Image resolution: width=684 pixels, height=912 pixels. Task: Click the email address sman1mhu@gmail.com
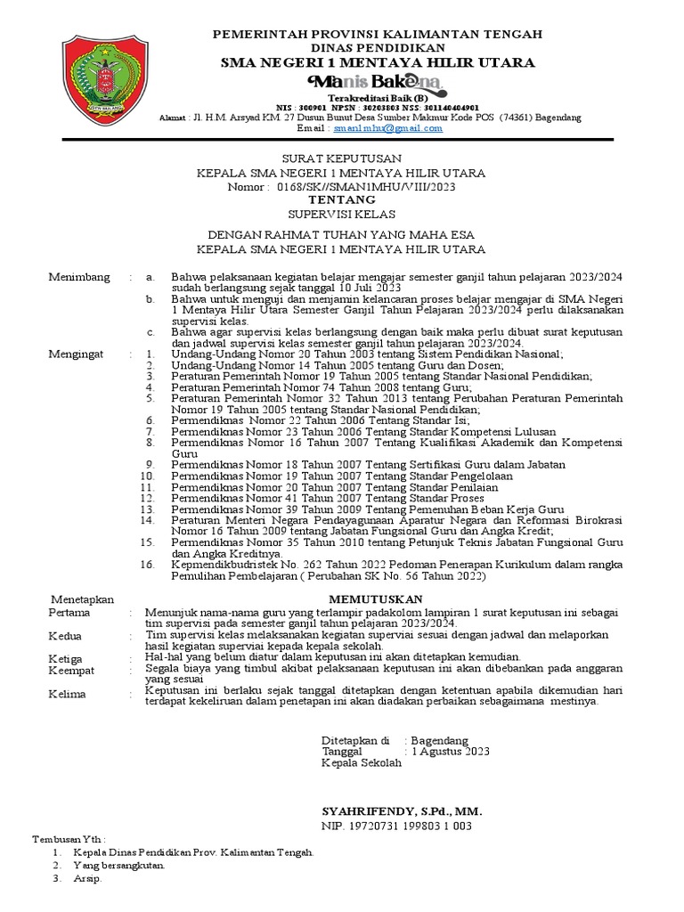pos(387,127)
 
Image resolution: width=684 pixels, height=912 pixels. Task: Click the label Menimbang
pos(79,277)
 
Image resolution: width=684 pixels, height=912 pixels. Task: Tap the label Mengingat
pos(76,354)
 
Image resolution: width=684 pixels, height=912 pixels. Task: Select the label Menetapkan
pos(82,599)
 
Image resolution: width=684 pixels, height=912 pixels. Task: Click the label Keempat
pos(72,670)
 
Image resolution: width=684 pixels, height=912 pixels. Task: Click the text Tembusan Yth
pos(69,839)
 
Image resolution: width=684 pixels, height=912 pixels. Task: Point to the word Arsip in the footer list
pos(88,878)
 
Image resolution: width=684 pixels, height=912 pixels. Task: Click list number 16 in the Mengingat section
pos(149,565)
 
